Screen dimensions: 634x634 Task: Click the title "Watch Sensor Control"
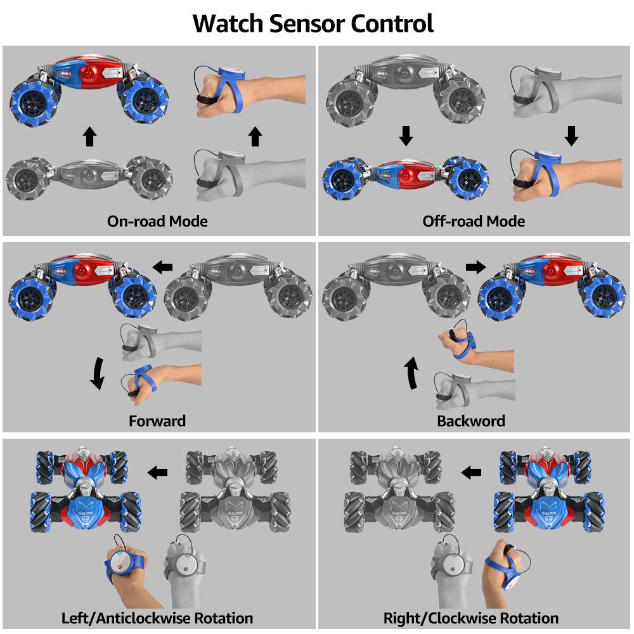pos(313,23)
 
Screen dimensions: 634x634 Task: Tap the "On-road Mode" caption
pos(157,221)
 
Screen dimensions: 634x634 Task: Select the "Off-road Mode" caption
pos(474,221)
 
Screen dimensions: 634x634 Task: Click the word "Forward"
pos(157,421)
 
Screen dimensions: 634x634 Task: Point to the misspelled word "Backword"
pos(471,421)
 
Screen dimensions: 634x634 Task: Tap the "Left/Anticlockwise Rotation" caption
pos(157,618)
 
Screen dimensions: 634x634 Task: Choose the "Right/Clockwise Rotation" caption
pos(471,618)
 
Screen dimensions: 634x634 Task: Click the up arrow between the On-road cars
pos(90,137)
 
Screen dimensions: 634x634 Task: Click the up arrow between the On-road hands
pos(255,137)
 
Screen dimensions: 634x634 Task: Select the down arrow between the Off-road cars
pos(406,136)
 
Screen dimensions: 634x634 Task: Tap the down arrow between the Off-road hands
pos(571,136)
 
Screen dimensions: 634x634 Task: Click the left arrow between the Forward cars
pos(162,267)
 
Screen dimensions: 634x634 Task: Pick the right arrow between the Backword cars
pos(476,267)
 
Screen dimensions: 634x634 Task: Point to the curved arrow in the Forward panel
pos(98,373)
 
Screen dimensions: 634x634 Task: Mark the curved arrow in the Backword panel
pos(411,373)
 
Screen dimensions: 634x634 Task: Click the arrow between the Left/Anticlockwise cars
pos(157,472)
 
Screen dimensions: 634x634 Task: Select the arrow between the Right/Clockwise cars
pos(471,472)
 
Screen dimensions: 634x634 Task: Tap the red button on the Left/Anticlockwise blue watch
pos(120,567)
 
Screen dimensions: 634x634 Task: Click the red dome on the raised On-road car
pos(90,73)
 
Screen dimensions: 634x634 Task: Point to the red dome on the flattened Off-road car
pos(407,177)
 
